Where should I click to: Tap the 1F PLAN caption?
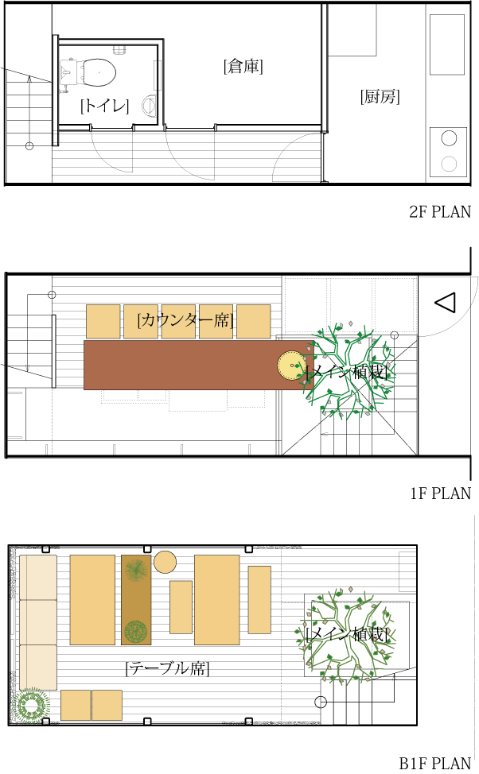440,493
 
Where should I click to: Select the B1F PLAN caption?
435,764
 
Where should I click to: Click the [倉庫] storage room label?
243,67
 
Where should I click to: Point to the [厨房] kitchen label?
380,98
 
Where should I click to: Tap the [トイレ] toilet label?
104,105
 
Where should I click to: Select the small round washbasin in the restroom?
149,105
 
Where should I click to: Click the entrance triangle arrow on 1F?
445,303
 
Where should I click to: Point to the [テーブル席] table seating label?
167,668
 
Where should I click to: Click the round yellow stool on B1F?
165,562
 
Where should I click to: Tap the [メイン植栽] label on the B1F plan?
347,635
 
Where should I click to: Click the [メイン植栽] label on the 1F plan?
348,372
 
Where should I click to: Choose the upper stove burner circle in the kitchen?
449,137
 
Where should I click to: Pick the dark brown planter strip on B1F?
136,600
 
